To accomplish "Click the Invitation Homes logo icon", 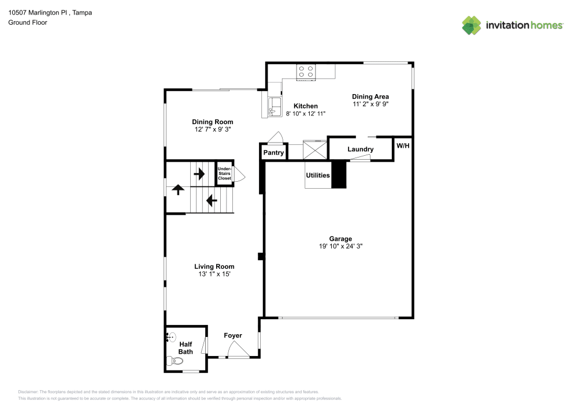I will pyautogui.click(x=472, y=25).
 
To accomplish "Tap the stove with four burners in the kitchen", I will pyautogui.click(x=306, y=72).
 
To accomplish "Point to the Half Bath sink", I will pyautogui.click(x=172, y=336).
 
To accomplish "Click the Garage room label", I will pyautogui.click(x=340, y=238).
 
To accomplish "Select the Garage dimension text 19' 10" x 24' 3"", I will pyautogui.click(x=340, y=246).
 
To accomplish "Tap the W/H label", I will pyautogui.click(x=403, y=145).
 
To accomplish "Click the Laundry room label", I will pyautogui.click(x=360, y=149).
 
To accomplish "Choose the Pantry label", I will pyautogui.click(x=273, y=153).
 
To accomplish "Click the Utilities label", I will pyautogui.click(x=318, y=175).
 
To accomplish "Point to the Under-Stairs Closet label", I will pyautogui.click(x=224, y=174).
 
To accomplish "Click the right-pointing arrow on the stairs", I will pyautogui.click(x=201, y=173).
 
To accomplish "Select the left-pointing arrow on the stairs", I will pyautogui.click(x=211, y=201).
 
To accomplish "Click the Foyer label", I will pyautogui.click(x=233, y=335).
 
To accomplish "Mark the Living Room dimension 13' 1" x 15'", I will pyautogui.click(x=214, y=275).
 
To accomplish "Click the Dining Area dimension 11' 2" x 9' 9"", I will pyautogui.click(x=370, y=105).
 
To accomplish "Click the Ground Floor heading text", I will pyautogui.click(x=28, y=23).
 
